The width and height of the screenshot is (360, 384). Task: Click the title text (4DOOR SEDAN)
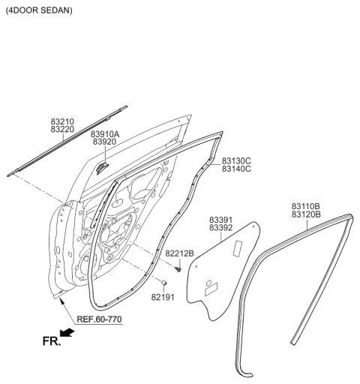click(x=39, y=13)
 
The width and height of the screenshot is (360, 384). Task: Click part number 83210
click(x=64, y=121)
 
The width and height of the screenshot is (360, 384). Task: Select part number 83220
click(x=64, y=130)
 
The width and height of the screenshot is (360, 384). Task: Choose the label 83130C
click(x=235, y=160)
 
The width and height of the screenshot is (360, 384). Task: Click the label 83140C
click(x=235, y=169)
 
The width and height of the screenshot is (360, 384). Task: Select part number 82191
click(x=163, y=297)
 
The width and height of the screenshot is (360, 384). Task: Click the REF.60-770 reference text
click(x=100, y=319)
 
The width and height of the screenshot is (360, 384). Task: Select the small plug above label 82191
click(x=163, y=283)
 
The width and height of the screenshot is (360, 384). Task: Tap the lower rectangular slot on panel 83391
click(x=211, y=286)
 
